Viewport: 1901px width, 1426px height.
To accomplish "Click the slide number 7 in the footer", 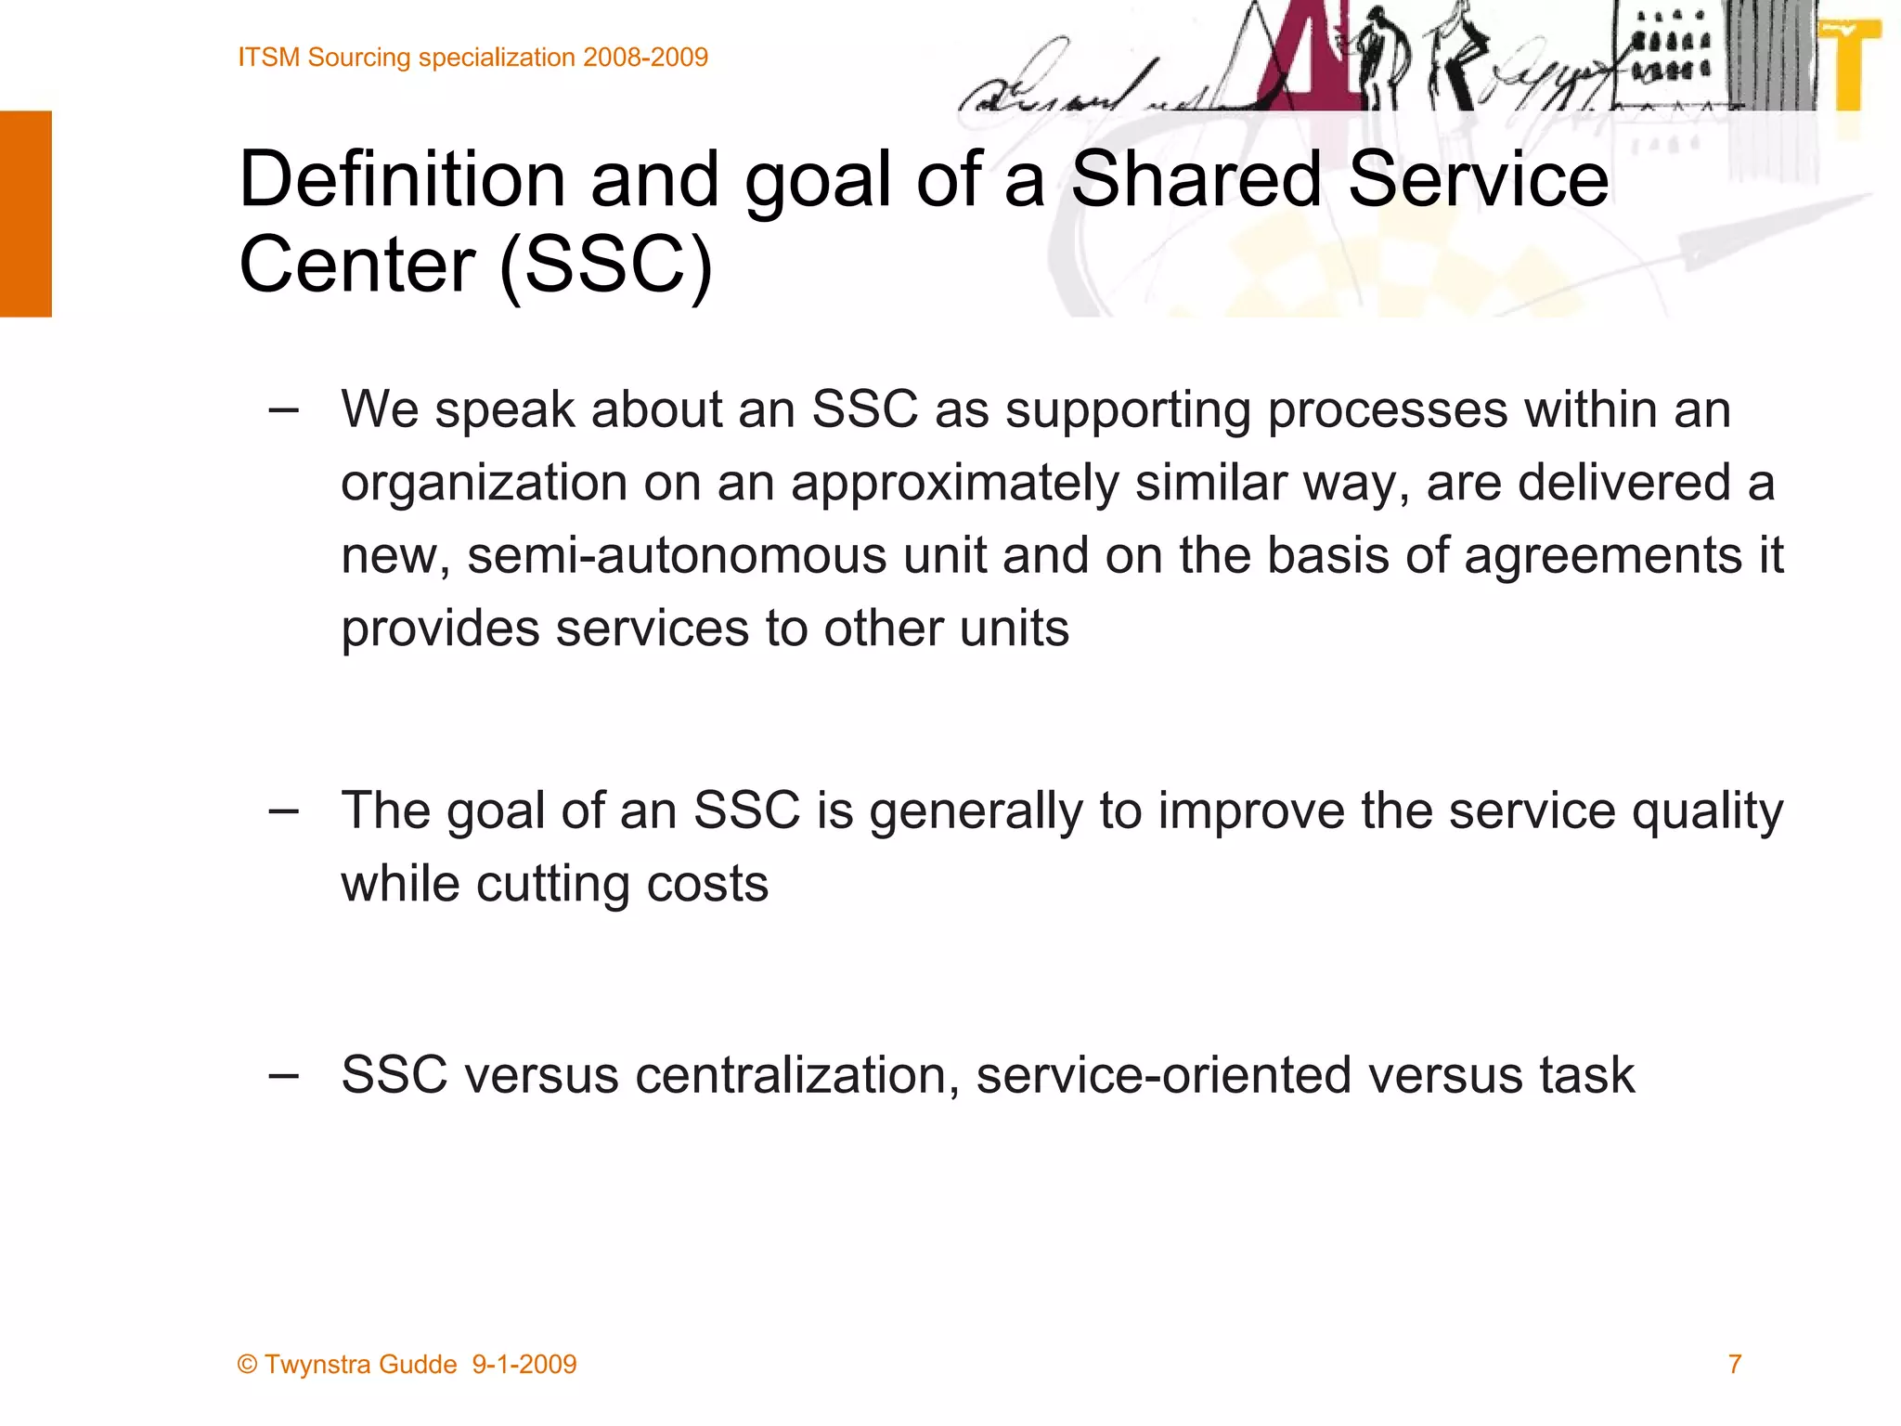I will pos(1734,1364).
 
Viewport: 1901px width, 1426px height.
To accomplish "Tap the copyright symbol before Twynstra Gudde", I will pos(247,1365).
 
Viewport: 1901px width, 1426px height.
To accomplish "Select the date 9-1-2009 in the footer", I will pos(524,1364).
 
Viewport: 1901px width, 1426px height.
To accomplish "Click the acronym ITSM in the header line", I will pos(269,58).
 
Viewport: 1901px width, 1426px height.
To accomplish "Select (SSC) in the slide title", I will pos(606,265).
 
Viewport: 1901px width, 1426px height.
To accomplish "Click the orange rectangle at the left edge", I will pos(26,214).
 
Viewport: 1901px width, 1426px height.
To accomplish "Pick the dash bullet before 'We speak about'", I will pos(283,409).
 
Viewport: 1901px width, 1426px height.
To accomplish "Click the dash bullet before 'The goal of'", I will pos(283,810).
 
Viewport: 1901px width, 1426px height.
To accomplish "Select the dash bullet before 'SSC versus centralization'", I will pos(283,1075).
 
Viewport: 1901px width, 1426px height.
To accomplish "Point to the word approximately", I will pos(955,484).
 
